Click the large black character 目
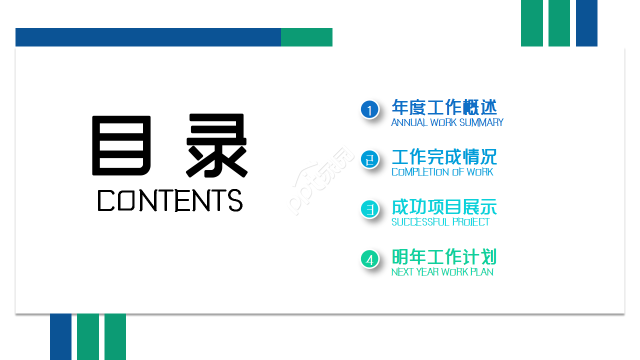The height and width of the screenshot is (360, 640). [x=121, y=145]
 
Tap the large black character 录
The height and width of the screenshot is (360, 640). [x=217, y=145]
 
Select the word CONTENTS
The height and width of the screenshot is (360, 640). [x=170, y=200]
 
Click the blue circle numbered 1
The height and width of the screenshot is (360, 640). [x=369, y=109]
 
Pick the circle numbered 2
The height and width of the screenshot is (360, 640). [x=369, y=159]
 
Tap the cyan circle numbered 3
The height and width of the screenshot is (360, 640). [x=369, y=209]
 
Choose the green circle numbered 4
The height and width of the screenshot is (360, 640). [x=369, y=259]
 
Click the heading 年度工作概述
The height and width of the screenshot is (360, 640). [x=444, y=107]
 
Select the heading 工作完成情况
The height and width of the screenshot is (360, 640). [x=444, y=157]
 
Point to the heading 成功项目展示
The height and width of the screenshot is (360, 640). [x=444, y=207]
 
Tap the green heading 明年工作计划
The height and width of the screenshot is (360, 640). [x=444, y=257]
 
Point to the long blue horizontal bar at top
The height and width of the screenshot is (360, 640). [x=148, y=37]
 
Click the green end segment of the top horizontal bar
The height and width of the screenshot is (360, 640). [x=306, y=37]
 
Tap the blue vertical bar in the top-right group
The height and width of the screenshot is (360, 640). [x=586, y=23]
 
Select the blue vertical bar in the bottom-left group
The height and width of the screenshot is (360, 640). [x=60, y=336]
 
